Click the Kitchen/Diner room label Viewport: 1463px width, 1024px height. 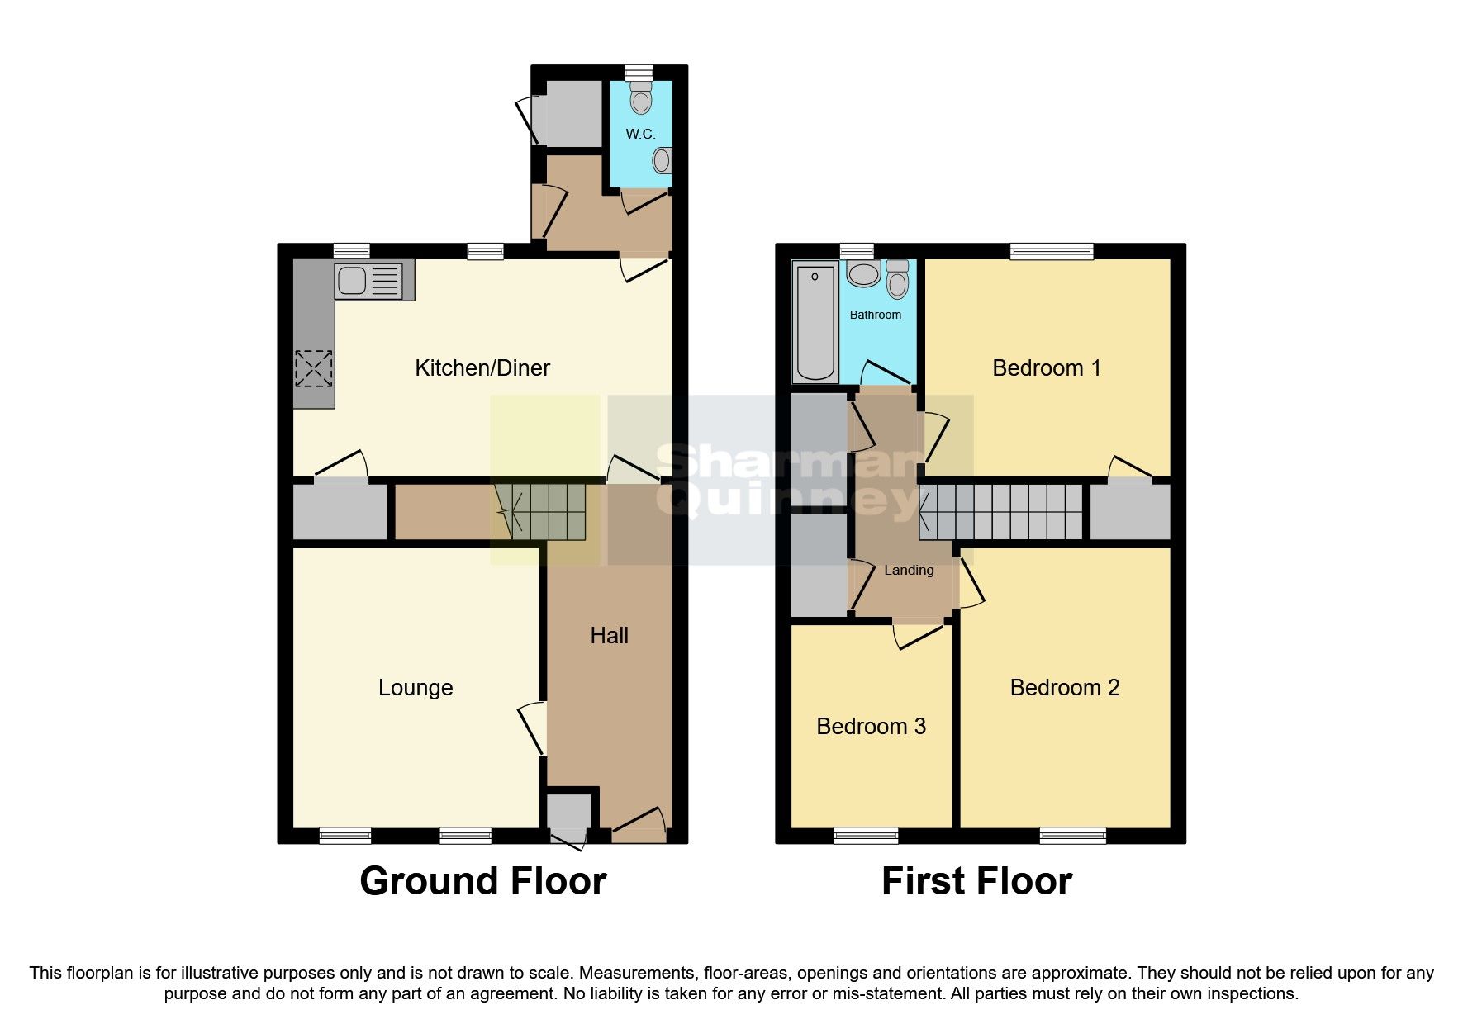[x=482, y=368]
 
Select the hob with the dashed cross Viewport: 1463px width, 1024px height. [x=314, y=368]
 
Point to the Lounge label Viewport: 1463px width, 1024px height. [x=416, y=688]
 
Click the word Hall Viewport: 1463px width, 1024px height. [x=609, y=636]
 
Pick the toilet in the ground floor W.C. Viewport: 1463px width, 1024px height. [x=640, y=98]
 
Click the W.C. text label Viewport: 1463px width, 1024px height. [x=640, y=135]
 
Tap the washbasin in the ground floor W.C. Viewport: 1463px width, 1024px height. [x=662, y=160]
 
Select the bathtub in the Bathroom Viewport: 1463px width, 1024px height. [x=815, y=322]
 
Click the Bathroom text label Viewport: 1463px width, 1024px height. [x=876, y=315]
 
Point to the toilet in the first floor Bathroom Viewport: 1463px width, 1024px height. [x=897, y=279]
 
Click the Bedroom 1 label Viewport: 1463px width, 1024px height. [x=1047, y=368]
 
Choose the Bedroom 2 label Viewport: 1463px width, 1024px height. [x=1065, y=688]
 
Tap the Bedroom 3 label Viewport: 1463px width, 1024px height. [x=871, y=727]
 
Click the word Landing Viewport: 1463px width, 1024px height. [x=909, y=571]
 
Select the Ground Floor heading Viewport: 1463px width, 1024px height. [x=483, y=881]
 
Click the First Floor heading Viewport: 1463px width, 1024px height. [x=976, y=881]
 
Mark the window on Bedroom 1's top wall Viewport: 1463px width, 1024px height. [x=1052, y=251]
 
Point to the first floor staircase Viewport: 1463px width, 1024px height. [x=1001, y=511]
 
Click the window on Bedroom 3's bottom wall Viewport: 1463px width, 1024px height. [x=866, y=835]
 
